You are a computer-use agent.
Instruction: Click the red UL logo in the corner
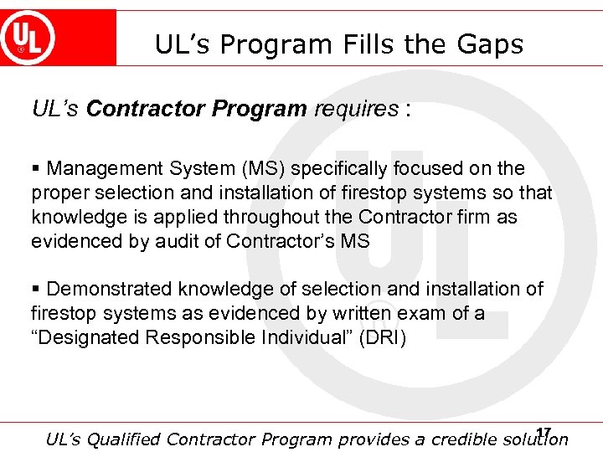(28, 38)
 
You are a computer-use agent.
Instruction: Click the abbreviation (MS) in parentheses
(264, 169)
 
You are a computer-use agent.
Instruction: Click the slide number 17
(544, 433)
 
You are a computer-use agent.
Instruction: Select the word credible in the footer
(460, 439)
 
